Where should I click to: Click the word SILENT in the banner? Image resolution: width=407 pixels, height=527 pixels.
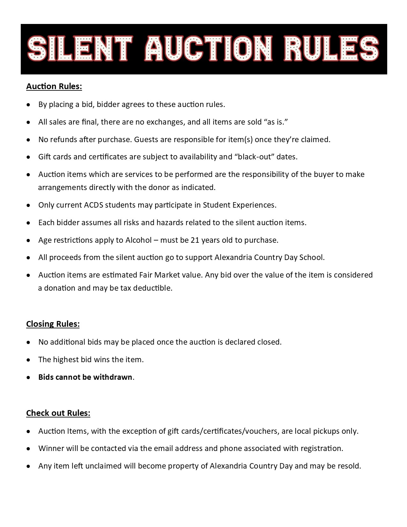(80, 49)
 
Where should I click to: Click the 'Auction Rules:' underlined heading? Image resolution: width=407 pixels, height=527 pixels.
(54, 87)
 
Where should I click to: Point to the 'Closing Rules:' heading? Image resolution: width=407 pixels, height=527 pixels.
(53, 324)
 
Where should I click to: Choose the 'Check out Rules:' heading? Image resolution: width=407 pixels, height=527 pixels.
(58, 413)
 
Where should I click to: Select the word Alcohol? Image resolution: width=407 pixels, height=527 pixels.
(139, 240)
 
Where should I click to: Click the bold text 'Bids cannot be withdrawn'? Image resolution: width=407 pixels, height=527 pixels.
(85, 377)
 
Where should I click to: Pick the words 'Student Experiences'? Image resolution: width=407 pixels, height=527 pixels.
(239, 205)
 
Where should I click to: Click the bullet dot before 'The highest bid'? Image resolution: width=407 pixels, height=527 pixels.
(29, 360)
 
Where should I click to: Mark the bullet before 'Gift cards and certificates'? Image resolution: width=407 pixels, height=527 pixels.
(29, 157)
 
